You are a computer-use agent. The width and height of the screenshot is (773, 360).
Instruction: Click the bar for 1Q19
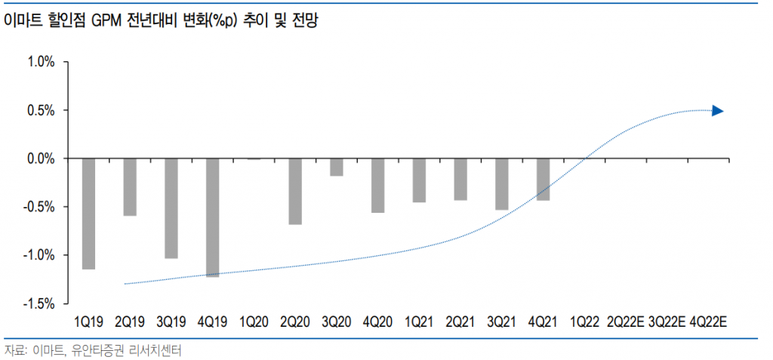(88, 214)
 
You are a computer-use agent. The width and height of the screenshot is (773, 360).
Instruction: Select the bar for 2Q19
(130, 187)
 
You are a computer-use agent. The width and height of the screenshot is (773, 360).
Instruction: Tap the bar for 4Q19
(212, 217)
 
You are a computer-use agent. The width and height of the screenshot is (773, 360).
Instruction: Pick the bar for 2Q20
(294, 192)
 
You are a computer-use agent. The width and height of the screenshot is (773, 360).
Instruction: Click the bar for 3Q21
(501, 184)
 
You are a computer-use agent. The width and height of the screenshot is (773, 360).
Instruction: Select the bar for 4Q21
(543, 180)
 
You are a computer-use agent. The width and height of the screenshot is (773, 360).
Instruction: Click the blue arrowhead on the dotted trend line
(718, 111)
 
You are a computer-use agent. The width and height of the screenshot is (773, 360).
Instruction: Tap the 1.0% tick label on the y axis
(41, 62)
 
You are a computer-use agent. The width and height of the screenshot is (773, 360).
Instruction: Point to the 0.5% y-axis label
(41, 110)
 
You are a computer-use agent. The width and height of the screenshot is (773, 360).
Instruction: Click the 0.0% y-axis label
(41, 158)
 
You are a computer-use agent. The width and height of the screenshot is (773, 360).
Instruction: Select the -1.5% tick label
(39, 303)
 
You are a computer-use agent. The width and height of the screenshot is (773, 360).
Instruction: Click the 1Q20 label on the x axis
(254, 322)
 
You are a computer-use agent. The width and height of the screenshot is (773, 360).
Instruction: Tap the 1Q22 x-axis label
(584, 322)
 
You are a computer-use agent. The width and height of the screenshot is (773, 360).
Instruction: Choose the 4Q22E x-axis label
(708, 322)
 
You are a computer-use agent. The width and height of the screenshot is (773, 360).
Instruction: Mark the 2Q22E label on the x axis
(625, 322)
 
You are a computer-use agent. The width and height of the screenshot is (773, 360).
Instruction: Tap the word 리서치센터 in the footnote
(157, 350)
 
